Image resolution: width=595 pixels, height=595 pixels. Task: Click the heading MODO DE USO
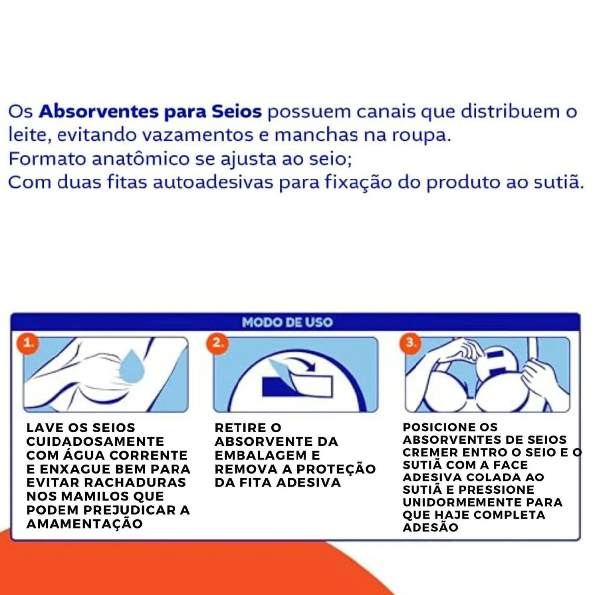click(x=288, y=322)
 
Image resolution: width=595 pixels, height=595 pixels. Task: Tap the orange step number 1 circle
click(x=28, y=343)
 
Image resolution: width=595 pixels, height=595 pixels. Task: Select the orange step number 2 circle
click(x=218, y=343)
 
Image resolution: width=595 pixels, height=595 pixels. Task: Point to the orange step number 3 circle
click(x=411, y=343)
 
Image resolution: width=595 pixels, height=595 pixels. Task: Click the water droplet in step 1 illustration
click(x=132, y=366)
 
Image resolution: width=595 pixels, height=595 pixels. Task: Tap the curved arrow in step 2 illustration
click(x=301, y=363)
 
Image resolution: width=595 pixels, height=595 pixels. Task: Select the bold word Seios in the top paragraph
click(x=237, y=112)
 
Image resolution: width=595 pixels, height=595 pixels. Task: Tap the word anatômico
click(x=141, y=159)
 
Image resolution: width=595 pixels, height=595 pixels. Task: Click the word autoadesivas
click(x=213, y=182)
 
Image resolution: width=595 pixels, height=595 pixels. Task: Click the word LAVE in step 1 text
click(x=44, y=428)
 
